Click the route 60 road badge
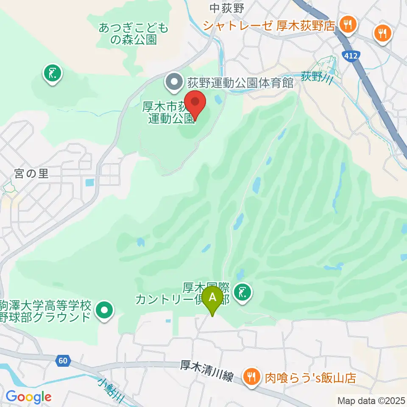tap(62, 361)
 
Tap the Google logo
tap(28, 397)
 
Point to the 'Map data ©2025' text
tap(371, 400)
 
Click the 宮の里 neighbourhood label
tap(31, 173)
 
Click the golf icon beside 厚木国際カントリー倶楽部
tap(242, 293)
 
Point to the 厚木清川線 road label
tap(207, 371)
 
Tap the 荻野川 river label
tap(316, 77)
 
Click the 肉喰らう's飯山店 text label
tap(310, 376)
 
